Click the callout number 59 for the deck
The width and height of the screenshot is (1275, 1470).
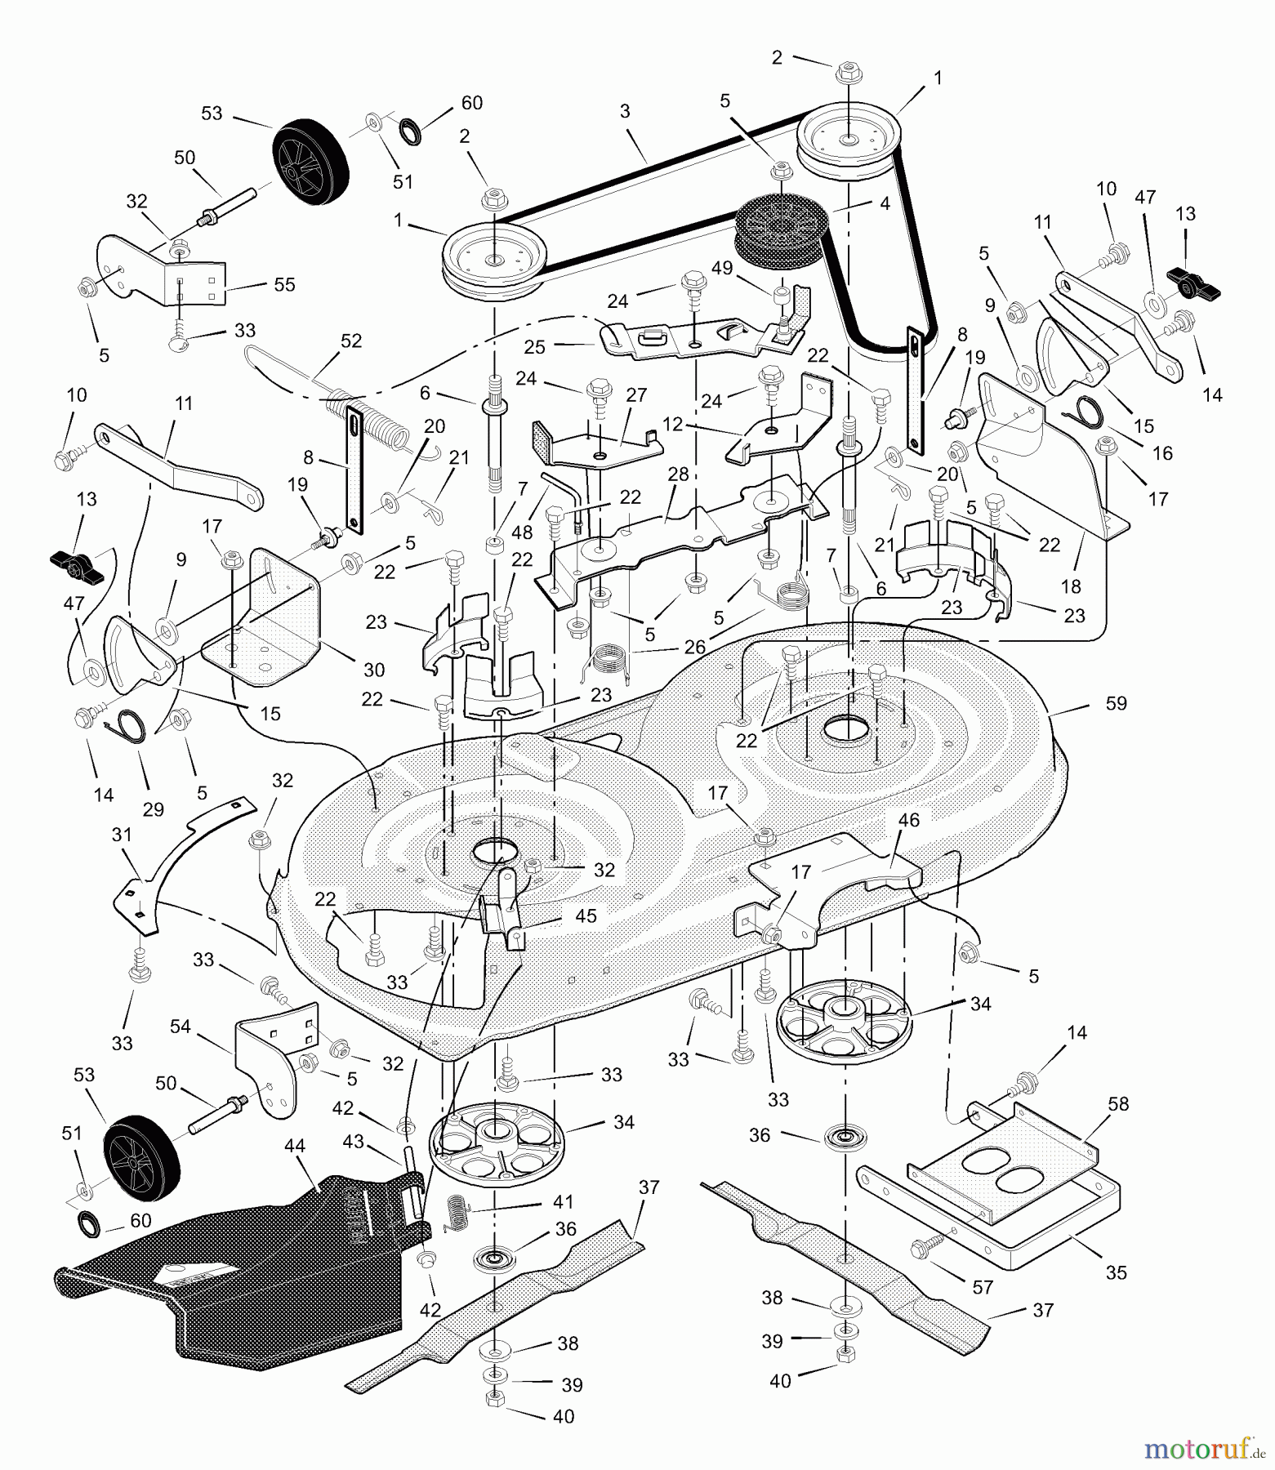1116,703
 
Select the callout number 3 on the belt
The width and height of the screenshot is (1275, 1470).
625,112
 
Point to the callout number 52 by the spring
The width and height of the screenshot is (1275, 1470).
351,341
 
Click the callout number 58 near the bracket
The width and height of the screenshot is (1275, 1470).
1118,1104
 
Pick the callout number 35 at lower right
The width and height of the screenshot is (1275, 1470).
1117,1272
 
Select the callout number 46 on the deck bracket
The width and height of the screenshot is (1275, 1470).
908,820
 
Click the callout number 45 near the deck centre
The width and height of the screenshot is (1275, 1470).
586,916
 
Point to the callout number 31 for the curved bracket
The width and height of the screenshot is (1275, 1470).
121,835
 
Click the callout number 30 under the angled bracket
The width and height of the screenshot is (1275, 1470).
374,670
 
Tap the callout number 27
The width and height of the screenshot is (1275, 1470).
636,395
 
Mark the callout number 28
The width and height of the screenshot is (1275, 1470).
678,474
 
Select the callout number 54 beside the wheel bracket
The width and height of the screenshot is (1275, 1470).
181,1027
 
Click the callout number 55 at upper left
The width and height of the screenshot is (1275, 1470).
284,284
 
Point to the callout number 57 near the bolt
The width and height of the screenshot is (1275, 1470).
983,1287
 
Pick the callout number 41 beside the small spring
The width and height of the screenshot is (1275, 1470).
563,1202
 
